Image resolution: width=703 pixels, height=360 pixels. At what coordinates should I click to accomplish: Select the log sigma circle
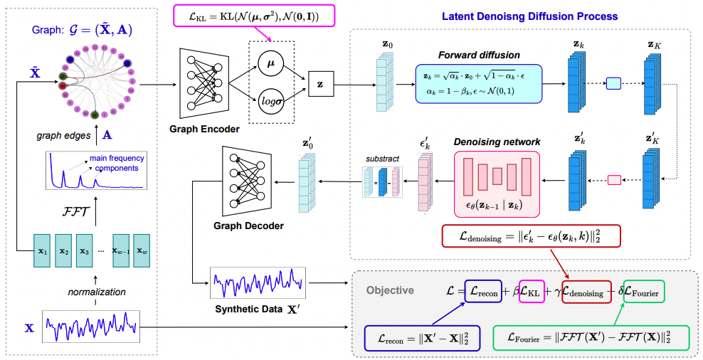coord(271,97)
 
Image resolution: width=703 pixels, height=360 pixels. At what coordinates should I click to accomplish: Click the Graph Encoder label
coord(206,129)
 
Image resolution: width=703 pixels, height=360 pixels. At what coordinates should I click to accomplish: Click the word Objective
coord(389,290)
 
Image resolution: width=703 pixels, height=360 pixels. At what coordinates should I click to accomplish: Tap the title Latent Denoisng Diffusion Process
coord(529,16)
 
